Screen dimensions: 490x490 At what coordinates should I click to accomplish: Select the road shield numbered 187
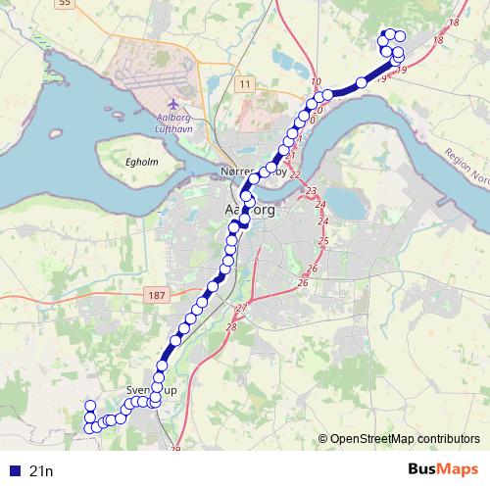[155, 295]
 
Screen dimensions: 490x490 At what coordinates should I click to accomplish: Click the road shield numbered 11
[245, 85]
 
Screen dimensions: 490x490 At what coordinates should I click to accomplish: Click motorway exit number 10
[316, 81]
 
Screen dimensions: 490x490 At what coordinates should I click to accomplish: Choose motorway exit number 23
[312, 190]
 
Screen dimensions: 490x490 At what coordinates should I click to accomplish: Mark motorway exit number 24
[320, 205]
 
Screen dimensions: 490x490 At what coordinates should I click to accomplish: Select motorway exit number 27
[242, 309]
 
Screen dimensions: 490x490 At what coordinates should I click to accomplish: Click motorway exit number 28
[231, 326]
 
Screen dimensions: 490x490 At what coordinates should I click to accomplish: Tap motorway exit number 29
[176, 449]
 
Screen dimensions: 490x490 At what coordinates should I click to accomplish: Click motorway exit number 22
[295, 174]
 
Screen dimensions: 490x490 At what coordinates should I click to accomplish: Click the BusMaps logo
[443, 470]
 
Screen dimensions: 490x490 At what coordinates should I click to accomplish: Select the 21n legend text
[42, 471]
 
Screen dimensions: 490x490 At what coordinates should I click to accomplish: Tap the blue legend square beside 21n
[14, 471]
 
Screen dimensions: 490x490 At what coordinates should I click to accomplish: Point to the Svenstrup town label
[152, 390]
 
